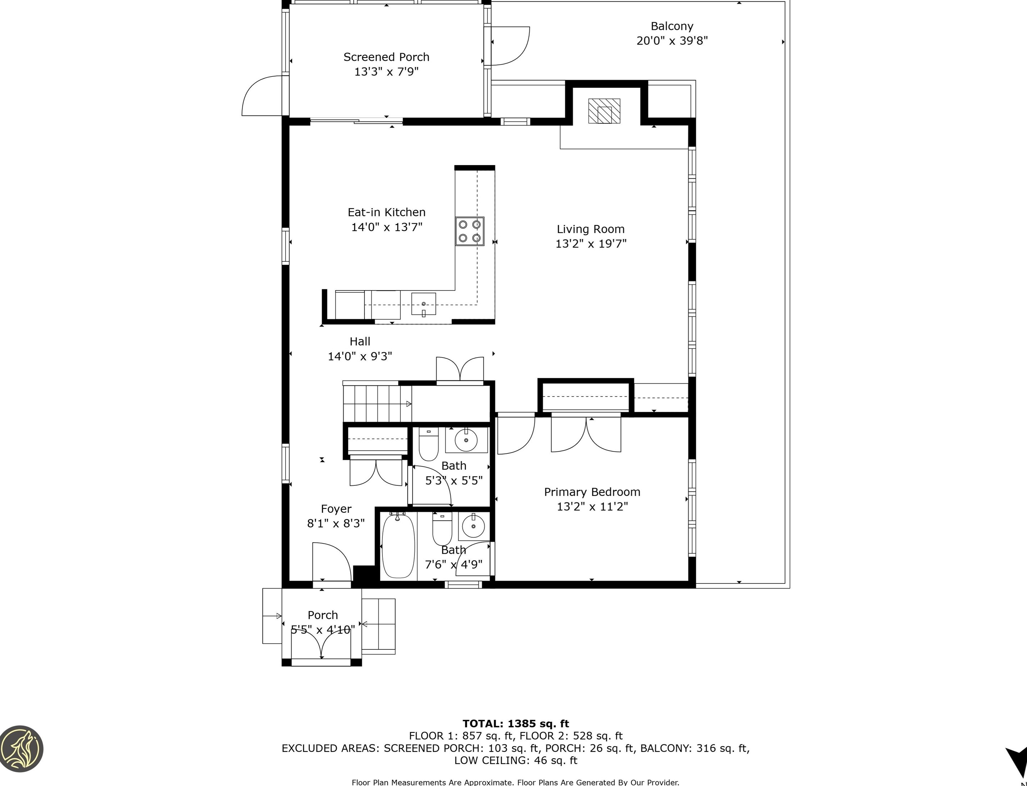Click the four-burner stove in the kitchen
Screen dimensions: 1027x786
coord(470,231)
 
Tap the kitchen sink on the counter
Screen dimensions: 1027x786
coord(424,304)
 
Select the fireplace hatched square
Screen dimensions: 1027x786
coord(604,111)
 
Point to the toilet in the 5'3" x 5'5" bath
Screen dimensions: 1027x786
coord(428,444)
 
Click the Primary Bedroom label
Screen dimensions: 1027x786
coord(592,492)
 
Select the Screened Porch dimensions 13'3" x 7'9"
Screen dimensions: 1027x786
coord(386,72)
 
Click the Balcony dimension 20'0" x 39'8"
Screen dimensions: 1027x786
coord(672,41)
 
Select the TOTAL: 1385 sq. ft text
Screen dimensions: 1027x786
coord(516,724)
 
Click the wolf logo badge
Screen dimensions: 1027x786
coord(21,748)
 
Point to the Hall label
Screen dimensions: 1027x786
coord(360,341)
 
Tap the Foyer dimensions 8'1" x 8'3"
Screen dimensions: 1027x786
coord(336,523)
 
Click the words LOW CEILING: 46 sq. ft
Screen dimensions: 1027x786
coord(516,760)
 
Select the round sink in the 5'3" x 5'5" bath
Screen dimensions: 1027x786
coord(466,440)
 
